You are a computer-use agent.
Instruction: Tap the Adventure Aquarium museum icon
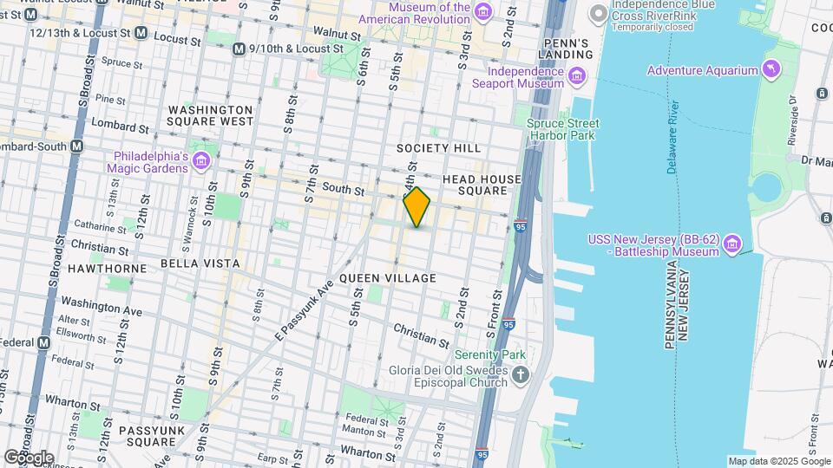click(x=769, y=69)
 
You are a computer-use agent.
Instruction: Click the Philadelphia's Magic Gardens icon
click(x=201, y=161)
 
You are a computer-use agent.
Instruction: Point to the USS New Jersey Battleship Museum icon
click(x=733, y=244)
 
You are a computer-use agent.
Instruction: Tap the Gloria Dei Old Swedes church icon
click(x=521, y=374)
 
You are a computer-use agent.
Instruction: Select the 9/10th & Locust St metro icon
click(x=239, y=49)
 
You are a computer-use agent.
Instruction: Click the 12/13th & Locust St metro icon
click(x=141, y=32)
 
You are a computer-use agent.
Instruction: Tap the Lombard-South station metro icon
click(x=76, y=146)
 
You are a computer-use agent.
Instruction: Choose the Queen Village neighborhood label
click(x=387, y=277)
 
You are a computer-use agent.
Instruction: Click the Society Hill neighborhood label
click(x=439, y=148)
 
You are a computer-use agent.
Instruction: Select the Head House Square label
click(x=482, y=185)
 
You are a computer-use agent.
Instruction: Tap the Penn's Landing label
click(x=568, y=49)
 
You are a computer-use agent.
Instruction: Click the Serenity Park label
click(x=490, y=355)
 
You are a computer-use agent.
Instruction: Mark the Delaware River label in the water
click(x=672, y=136)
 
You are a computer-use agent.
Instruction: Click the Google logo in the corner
click(x=29, y=457)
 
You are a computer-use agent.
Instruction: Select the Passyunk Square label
click(x=136, y=436)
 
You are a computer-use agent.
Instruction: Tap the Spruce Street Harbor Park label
click(x=562, y=130)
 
